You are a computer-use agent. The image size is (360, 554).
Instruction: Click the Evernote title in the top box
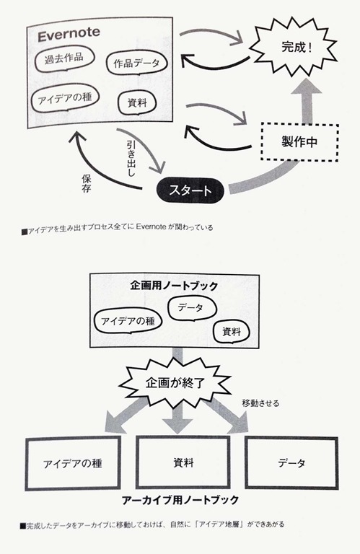(69, 35)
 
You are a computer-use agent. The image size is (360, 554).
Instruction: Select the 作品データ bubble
(137, 63)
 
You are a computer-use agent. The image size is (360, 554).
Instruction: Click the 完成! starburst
(294, 47)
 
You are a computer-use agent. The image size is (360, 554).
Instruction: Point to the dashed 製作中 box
(299, 142)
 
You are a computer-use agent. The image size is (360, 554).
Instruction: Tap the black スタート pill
(190, 190)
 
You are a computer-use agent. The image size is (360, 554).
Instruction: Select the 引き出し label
(131, 159)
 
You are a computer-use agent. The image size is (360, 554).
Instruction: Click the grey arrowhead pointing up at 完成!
(306, 87)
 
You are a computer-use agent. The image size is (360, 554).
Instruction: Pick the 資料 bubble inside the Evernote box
(137, 103)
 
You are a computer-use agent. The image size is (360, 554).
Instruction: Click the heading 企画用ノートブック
(174, 286)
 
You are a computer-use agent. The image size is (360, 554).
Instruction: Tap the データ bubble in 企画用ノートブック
(191, 308)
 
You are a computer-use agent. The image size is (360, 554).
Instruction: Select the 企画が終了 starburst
(175, 383)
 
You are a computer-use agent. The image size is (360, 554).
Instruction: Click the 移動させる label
(260, 403)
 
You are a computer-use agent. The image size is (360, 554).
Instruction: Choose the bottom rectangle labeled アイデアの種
(73, 463)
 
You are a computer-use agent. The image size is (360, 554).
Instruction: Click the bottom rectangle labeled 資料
(183, 462)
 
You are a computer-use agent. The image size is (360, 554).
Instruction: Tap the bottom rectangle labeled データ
(291, 462)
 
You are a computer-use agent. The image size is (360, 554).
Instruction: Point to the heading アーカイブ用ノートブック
(180, 500)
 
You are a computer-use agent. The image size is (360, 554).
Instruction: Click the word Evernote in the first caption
(151, 227)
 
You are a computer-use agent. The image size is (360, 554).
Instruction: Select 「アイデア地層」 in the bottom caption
(221, 524)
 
